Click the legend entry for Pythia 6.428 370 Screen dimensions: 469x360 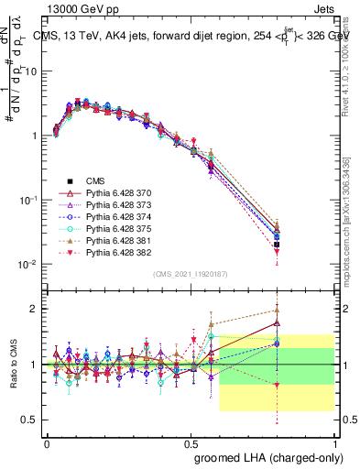(110, 194)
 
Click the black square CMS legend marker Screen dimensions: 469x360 (69, 182)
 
